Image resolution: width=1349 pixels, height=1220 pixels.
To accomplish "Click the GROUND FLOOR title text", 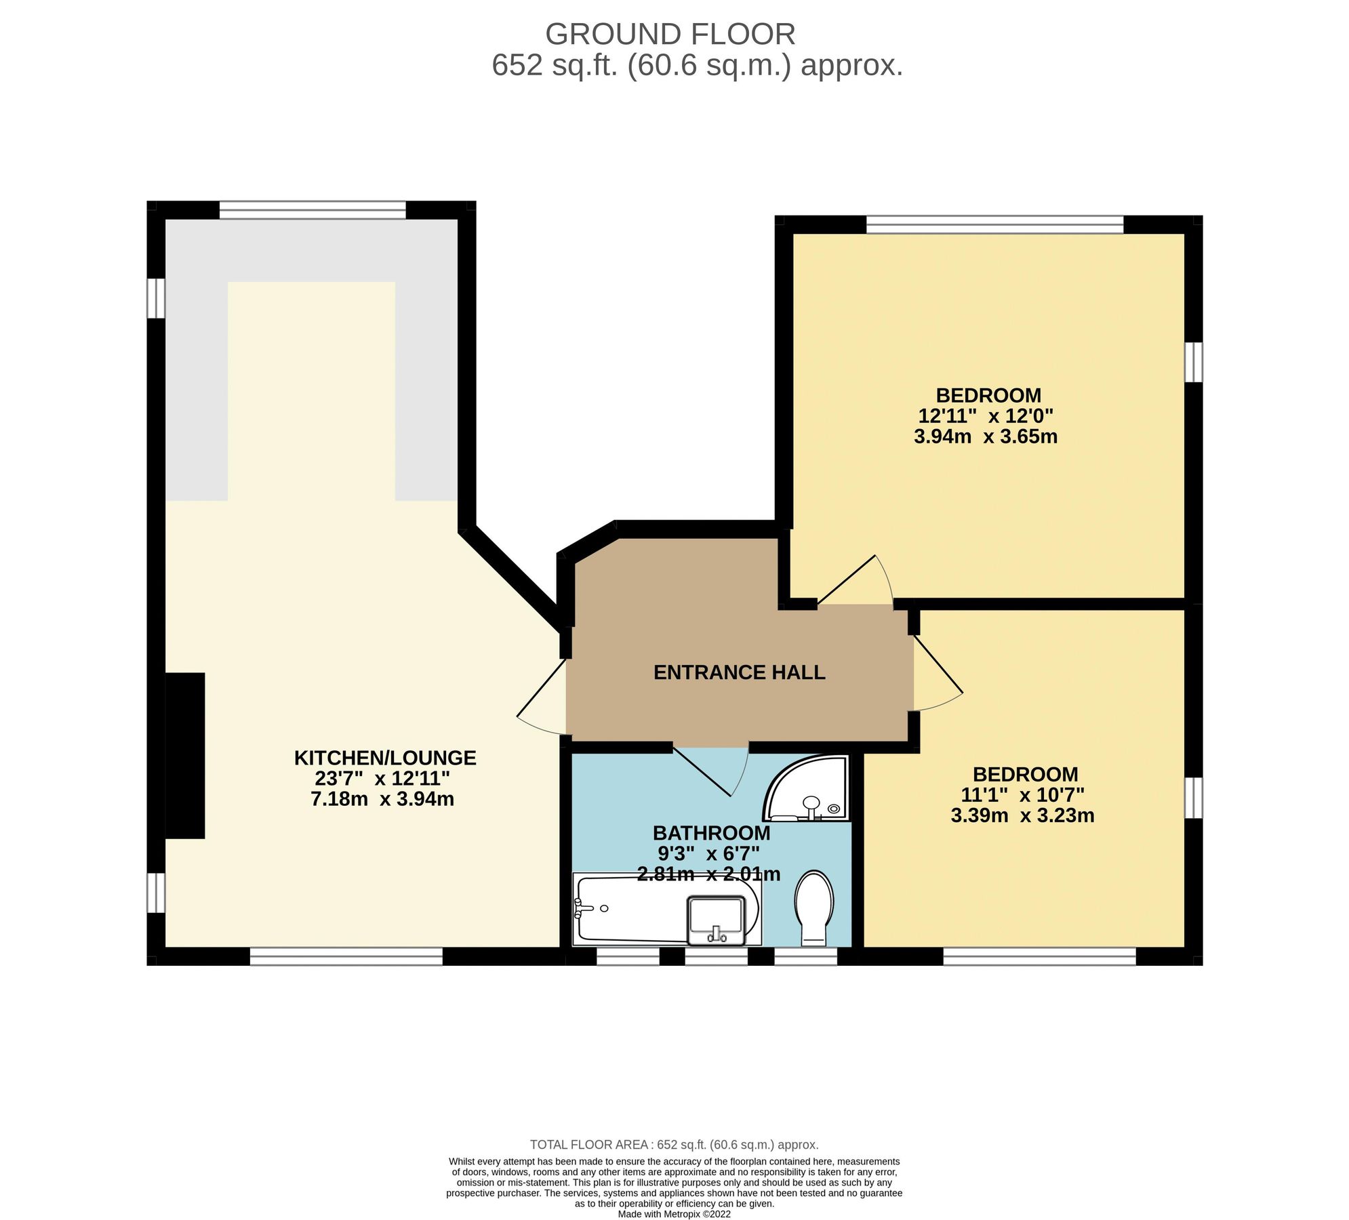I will tap(670, 34).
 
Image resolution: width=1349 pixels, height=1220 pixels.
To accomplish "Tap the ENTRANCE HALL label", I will tap(739, 672).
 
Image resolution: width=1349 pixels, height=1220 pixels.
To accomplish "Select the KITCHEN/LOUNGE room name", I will tap(385, 758).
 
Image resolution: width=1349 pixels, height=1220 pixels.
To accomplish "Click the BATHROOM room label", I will tap(711, 832).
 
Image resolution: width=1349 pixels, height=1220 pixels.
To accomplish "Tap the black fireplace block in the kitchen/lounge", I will tap(185, 756).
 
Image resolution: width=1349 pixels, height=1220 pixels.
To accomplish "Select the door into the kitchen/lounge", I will tap(542, 698).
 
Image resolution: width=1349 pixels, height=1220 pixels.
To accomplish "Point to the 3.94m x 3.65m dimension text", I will tap(985, 436).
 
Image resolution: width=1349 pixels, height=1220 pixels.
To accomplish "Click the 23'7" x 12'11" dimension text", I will tap(382, 778).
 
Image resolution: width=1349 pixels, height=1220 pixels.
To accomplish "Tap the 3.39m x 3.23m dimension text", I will tap(1022, 815).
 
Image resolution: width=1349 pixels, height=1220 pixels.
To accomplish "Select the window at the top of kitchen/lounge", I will tap(313, 209).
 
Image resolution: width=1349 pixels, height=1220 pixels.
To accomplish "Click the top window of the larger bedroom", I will tap(994, 224).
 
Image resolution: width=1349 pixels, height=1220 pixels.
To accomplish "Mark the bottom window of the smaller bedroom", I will tap(1039, 956).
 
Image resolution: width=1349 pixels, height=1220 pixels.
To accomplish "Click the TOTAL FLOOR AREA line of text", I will tap(674, 1145).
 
